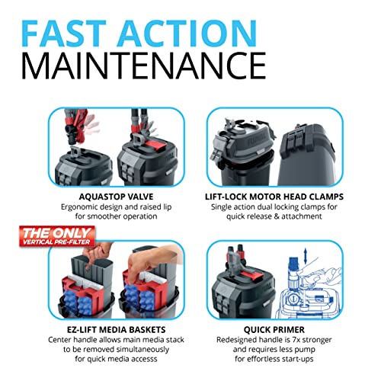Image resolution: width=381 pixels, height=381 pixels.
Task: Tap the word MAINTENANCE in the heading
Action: coord(144,66)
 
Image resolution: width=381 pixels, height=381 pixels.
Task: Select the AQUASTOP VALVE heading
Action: coord(116,197)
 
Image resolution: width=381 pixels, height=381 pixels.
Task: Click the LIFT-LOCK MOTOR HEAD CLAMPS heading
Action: coord(274,197)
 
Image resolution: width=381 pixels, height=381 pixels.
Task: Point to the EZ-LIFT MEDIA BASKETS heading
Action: coord(116,330)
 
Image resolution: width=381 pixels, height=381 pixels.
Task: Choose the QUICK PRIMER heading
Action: coord(274,330)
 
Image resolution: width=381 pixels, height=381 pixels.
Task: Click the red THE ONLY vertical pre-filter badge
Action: coord(57,236)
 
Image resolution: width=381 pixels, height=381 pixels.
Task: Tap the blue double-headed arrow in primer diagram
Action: coord(305,256)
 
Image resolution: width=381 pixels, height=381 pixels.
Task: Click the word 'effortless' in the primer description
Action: coord(263,359)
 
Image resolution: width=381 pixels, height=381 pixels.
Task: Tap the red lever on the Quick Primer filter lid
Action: coord(251,275)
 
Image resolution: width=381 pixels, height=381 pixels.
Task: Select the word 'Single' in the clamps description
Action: coord(221,207)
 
